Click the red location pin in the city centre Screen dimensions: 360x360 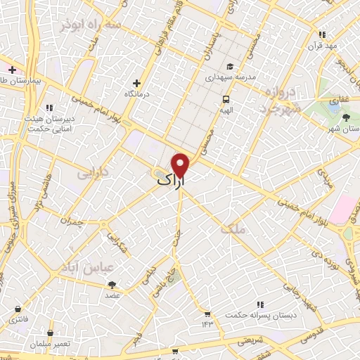(x=181, y=165)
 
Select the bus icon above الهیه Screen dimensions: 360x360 (x=226, y=99)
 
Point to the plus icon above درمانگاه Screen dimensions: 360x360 (x=138, y=83)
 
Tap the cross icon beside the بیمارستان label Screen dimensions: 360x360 (x=12, y=70)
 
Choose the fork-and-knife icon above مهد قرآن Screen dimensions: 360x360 (x=322, y=34)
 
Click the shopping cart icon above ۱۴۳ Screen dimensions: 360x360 (x=207, y=313)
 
